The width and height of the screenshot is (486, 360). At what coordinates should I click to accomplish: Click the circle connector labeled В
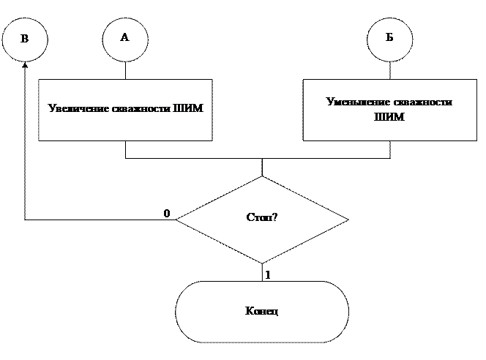click(x=25, y=39)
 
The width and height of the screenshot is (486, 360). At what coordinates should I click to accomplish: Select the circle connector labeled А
click(x=124, y=38)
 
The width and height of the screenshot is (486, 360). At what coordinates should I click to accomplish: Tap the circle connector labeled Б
click(x=389, y=38)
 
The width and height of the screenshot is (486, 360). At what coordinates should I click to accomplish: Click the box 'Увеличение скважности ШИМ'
click(x=125, y=110)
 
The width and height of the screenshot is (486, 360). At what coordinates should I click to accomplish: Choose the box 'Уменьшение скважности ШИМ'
click(x=389, y=110)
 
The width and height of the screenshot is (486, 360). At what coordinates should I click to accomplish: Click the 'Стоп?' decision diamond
click(x=262, y=218)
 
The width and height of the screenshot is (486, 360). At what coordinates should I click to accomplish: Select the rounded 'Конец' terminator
click(x=262, y=312)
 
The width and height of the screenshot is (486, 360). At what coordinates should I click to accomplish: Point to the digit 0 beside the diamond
click(x=167, y=213)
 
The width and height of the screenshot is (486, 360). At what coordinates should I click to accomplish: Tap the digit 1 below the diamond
click(x=268, y=275)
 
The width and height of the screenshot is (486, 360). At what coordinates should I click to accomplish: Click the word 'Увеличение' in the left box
click(x=73, y=109)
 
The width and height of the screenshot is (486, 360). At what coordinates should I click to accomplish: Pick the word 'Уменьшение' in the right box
click(x=351, y=102)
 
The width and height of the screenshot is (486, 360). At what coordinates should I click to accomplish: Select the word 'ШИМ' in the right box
click(x=389, y=117)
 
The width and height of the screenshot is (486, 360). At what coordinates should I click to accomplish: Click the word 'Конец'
click(x=261, y=312)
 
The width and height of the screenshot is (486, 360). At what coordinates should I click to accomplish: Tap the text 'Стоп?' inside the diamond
click(x=262, y=217)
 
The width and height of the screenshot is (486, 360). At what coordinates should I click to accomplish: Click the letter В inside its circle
click(x=24, y=39)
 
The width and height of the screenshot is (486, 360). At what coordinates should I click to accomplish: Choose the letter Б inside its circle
click(x=389, y=38)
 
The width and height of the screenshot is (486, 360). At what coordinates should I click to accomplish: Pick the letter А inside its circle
click(x=124, y=37)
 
